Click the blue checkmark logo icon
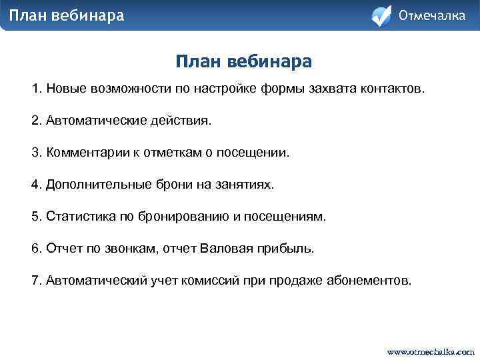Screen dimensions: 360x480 (381, 16)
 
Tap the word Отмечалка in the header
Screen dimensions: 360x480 (431, 15)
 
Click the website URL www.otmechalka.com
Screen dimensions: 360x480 (431, 351)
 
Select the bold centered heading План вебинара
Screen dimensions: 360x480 (244, 62)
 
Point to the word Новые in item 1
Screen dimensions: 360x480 (65, 89)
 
